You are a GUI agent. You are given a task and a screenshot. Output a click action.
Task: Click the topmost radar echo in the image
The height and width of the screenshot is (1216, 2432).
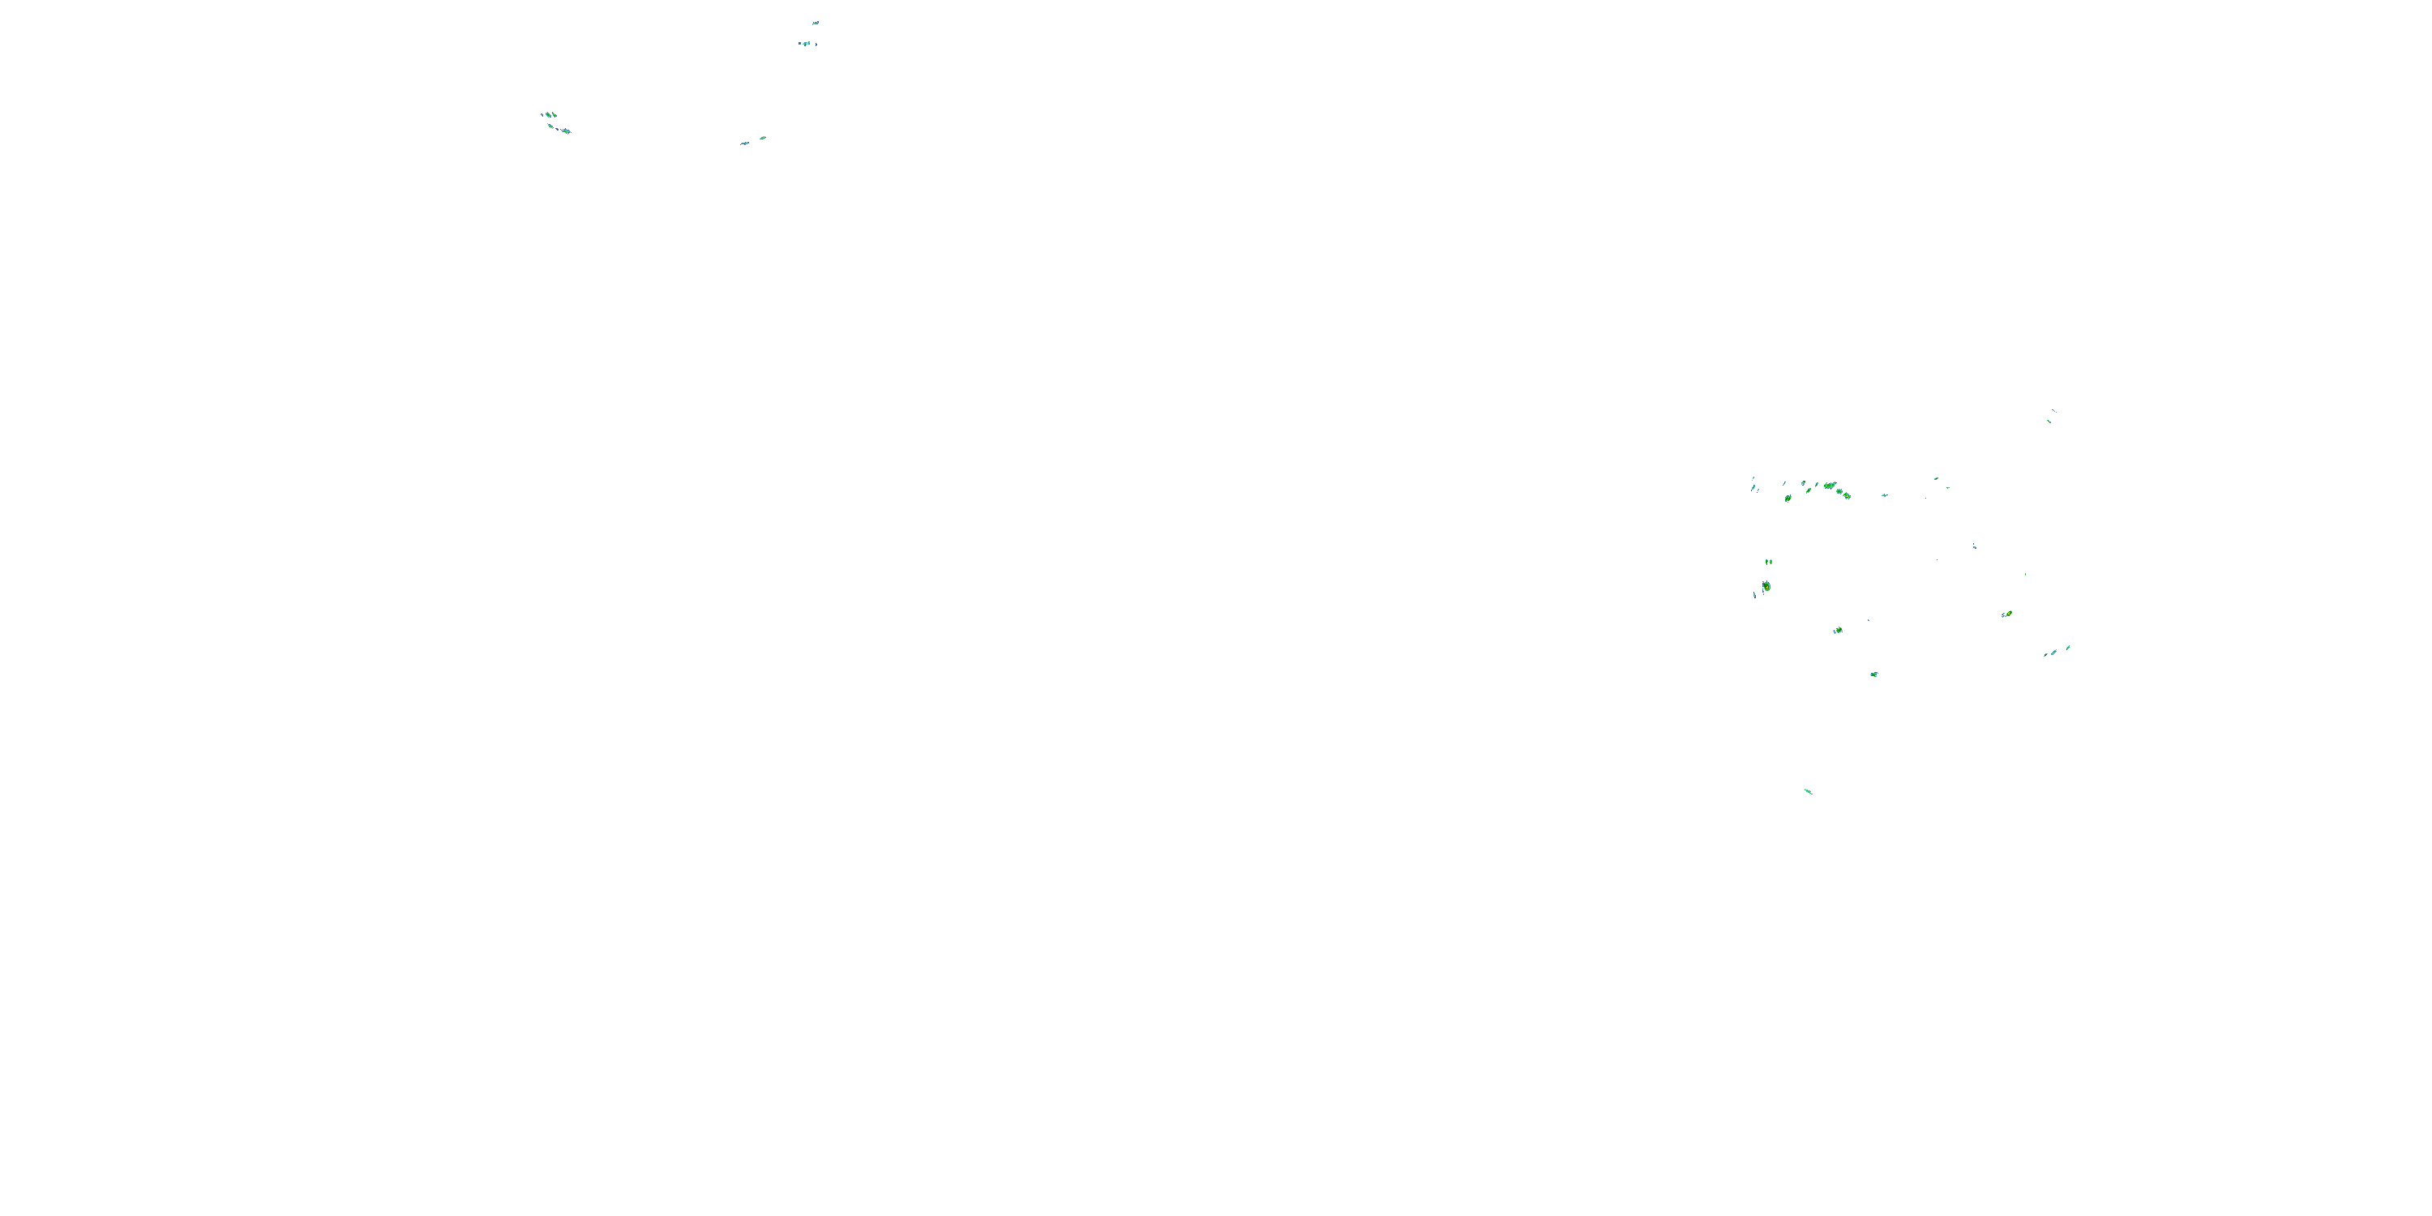tap(815, 23)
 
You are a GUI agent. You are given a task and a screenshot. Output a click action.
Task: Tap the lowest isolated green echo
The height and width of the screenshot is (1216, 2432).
tap(1808, 791)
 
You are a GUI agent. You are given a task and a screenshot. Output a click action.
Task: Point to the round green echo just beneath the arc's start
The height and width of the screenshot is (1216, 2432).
tap(1788, 498)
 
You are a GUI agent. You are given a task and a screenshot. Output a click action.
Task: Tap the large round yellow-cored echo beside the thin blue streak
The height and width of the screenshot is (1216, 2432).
tap(1766, 586)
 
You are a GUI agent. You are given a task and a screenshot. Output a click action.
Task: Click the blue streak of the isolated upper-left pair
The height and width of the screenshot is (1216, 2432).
tap(744, 143)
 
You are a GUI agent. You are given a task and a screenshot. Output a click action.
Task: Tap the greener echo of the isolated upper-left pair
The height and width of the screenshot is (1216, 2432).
tap(762, 138)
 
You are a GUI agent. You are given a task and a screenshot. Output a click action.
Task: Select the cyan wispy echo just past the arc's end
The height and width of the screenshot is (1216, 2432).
tap(1885, 495)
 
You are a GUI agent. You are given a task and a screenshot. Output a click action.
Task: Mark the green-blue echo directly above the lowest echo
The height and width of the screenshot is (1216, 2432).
tap(1874, 674)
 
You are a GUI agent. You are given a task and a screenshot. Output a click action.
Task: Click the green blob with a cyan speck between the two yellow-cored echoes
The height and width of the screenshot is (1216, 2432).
tap(1837, 630)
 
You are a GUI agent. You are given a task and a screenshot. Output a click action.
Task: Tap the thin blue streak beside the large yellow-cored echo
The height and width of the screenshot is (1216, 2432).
tap(1754, 595)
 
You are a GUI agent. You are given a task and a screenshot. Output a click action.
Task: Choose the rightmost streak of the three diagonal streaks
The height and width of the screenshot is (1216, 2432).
tap(2067, 648)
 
